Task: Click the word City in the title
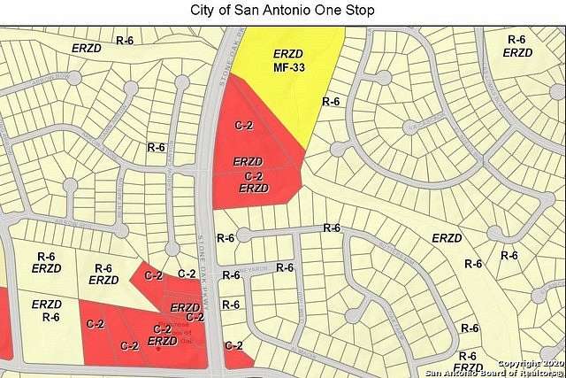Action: (203, 10)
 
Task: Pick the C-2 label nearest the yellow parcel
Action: (243, 126)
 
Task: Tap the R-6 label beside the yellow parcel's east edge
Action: (331, 102)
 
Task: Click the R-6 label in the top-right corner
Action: (517, 39)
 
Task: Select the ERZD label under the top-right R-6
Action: (517, 52)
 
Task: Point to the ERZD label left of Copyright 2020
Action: (467, 366)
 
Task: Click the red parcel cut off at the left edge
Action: (4, 323)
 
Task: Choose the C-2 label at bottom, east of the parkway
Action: (234, 345)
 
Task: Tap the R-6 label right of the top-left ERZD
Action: (125, 41)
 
